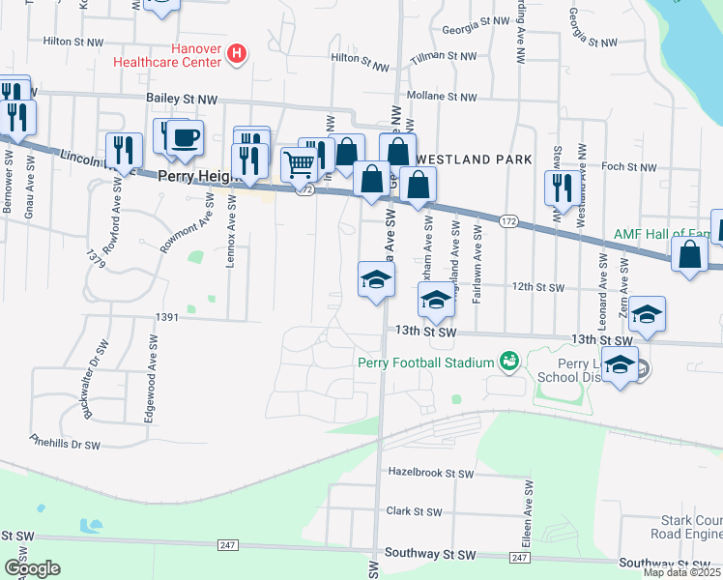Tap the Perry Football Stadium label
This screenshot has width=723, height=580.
[424, 362]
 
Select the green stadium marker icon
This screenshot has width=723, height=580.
[508, 362]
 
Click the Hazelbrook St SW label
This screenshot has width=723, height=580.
[430, 474]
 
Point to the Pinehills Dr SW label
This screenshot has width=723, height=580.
[65, 443]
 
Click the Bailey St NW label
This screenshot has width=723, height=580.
[183, 98]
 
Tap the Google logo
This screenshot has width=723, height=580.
[32, 568]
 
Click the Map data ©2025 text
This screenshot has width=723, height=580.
[681, 572]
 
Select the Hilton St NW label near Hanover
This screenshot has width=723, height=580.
[72, 42]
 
